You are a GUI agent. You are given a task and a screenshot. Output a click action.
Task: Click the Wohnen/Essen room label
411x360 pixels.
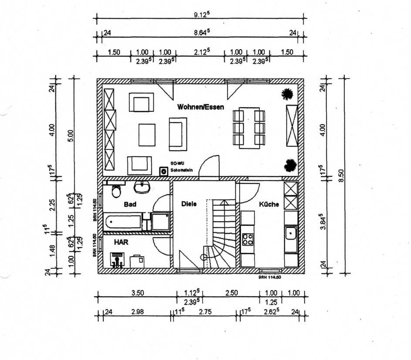pyautogui.click(x=200, y=107)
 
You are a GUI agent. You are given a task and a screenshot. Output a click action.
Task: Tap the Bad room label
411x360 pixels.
pyautogui.click(x=129, y=204)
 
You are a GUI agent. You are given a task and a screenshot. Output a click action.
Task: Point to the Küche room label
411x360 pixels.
pyautogui.click(x=268, y=204)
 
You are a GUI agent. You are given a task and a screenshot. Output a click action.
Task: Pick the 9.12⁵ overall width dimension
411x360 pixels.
pyautogui.click(x=201, y=14)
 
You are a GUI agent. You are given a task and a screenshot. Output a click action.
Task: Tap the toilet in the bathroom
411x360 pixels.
pyautogui.click(x=116, y=191)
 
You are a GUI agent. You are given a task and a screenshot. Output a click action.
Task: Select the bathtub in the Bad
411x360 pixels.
pyautogui.click(x=123, y=222)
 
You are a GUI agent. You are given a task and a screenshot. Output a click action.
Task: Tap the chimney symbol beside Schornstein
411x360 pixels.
pyautogui.click(x=164, y=171)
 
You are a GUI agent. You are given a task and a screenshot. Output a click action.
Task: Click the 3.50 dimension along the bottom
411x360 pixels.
pyautogui.click(x=138, y=293)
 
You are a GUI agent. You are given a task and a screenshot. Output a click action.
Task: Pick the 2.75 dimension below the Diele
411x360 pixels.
pyautogui.click(x=205, y=312)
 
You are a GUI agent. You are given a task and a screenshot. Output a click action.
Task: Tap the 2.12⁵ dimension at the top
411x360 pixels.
pyautogui.click(x=202, y=51)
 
